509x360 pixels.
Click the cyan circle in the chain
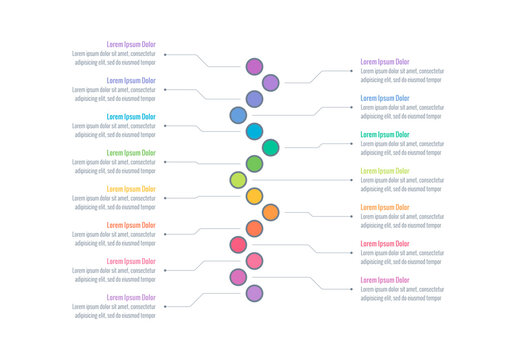click(254, 131)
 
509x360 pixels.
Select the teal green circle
click(270, 147)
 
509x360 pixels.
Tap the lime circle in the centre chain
click(238, 180)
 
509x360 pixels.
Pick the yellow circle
click(254, 196)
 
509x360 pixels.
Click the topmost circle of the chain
click(254, 67)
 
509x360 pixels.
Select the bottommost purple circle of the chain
click(254, 293)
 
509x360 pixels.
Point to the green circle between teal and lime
click(254, 163)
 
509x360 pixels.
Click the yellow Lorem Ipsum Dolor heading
click(131, 189)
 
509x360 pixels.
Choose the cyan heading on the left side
click(131, 117)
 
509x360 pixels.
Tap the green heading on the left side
click(131, 153)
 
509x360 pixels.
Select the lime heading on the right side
click(385, 171)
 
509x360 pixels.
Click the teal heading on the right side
click(385, 134)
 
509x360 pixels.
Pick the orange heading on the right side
click(385, 207)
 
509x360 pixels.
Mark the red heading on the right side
click(385, 243)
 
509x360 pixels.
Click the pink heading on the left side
click(131, 261)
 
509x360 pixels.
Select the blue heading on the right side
click(385, 98)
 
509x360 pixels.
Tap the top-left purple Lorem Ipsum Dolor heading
click(131, 44)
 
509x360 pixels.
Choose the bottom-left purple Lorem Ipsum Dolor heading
click(131, 297)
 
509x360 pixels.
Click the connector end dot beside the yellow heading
click(164, 198)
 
